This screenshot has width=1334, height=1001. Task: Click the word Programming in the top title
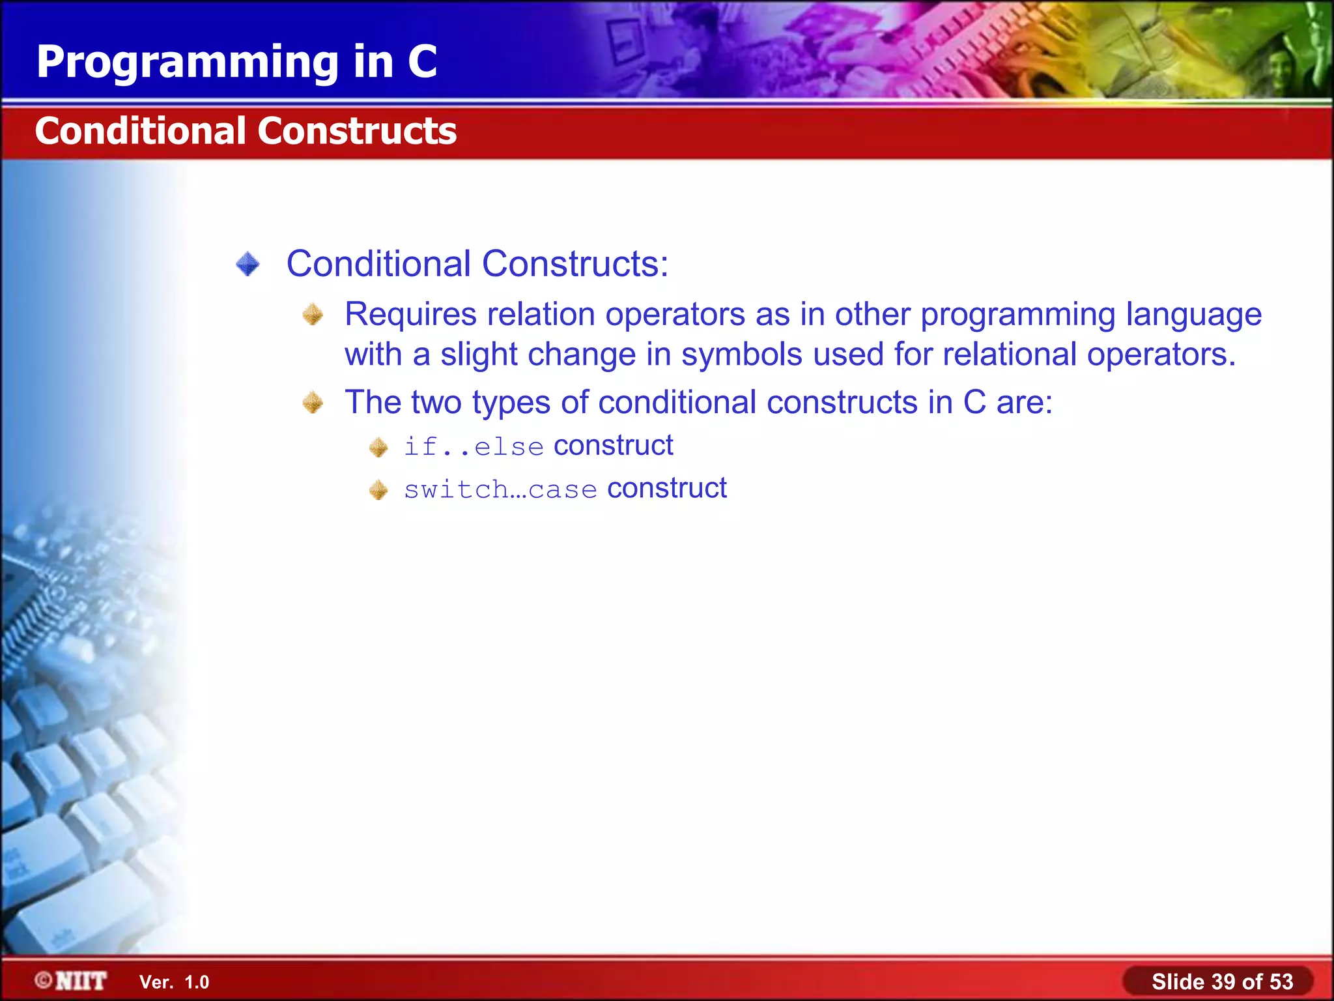tap(188, 63)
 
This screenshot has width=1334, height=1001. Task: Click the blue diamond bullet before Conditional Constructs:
tap(248, 265)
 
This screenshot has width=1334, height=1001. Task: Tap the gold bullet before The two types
tap(313, 403)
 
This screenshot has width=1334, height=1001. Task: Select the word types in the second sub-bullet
tap(511, 403)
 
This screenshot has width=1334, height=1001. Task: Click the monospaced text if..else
tap(474, 447)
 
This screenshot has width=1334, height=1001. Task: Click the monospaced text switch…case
tap(500, 489)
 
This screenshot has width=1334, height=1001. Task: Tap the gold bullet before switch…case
tap(378, 490)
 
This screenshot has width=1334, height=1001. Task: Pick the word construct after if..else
tap(613, 446)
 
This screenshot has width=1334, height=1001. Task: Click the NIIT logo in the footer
tap(72, 981)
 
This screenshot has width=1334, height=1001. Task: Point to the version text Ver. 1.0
tap(174, 982)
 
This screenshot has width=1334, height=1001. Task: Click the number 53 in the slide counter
tap(1281, 981)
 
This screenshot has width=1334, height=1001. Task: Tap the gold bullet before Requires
tap(313, 315)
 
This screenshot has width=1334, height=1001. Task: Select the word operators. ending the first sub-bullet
tap(1161, 355)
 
